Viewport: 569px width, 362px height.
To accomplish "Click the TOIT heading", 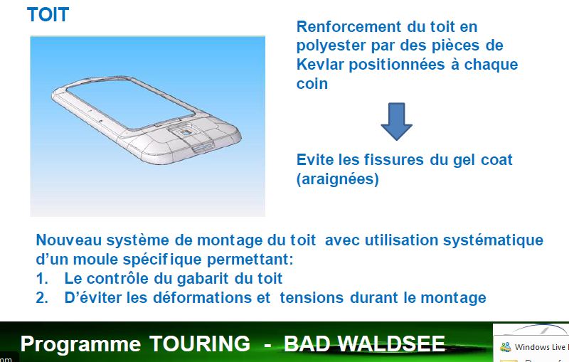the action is pos(48,15).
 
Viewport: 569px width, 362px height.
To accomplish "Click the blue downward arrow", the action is pos(397,122).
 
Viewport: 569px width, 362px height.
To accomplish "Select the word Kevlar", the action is pos(319,65).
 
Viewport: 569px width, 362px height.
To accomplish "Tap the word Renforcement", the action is pos(349,27).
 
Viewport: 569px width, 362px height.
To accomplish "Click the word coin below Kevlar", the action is pos(312,84).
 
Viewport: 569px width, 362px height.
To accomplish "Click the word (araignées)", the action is pos(337,179).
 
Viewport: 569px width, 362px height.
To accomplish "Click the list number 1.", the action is pos(42,279).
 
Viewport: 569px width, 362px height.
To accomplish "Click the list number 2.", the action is pos(42,298).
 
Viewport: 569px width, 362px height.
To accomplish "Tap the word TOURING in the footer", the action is pos(200,344).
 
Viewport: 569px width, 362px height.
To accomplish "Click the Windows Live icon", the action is pos(506,347).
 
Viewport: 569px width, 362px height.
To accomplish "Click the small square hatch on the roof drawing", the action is pos(186,133).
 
